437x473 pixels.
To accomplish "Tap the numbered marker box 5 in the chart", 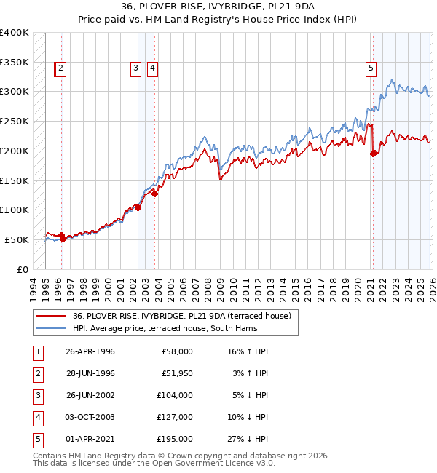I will point(371,68).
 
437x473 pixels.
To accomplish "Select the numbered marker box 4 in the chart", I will point(153,68).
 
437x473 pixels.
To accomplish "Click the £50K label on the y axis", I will point(17,239).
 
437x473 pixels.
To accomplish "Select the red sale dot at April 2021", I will point(374,154).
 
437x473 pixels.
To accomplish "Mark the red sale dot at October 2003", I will point(155,193).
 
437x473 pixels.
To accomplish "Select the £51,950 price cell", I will point(176,373).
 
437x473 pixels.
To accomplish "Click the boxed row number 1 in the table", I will point(36,351).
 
